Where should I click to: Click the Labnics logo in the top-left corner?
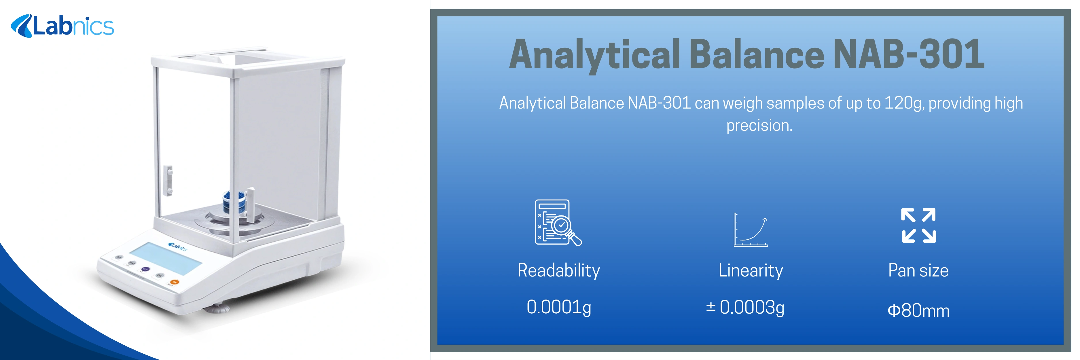[62, 26]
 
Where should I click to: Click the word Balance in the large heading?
[757, 54]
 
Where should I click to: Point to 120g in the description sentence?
[903, 103]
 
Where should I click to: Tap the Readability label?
[558, 270]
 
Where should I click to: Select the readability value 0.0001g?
[558, 307]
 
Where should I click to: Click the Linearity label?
[751, 270]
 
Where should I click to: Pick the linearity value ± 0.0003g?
[745, 308]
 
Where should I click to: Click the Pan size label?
[918, 270]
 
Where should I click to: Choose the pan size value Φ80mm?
[918, 310]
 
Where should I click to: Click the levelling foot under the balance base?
[217, 309]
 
